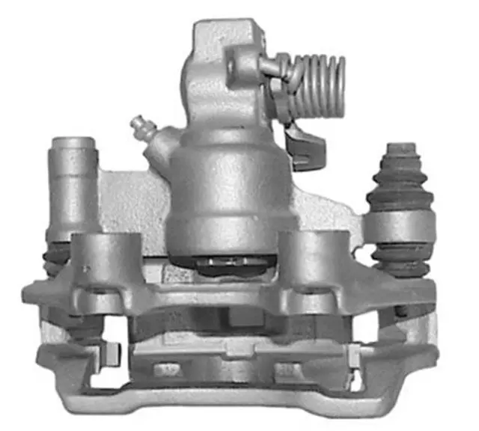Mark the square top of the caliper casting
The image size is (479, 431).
[x=225, y=37]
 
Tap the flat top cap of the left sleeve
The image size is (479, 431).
[x=72, y=142]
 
